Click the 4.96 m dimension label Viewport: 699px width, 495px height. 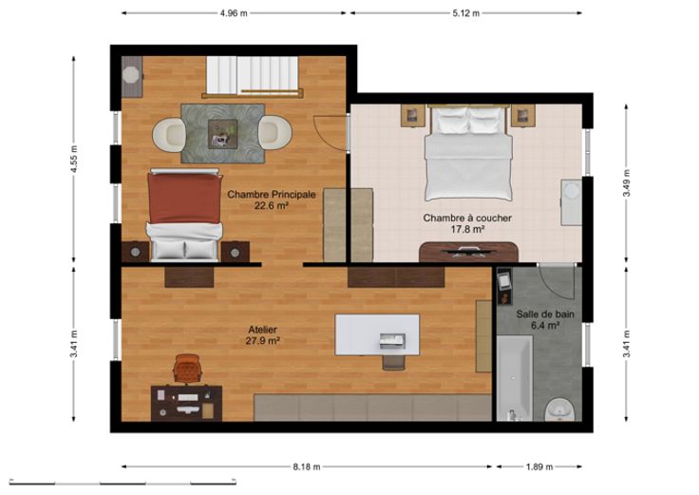pyautogui.click(x=233, y=13)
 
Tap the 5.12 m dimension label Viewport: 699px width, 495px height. pyautogui.click(x=466, y=13)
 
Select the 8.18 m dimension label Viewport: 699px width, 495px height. pyautogui.click(x=307, y=466)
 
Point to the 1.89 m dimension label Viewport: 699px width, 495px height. pyautogui.click(x=539, y=466)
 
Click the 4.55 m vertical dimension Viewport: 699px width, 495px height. pyautogui.click(x=74, y=160)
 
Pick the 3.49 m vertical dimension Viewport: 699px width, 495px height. pyautogui.click(x=626, y=182)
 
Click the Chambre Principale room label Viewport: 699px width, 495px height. pyautogui.click(x=272, y=195)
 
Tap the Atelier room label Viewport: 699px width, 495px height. pyautogui.click(x=262, y=330)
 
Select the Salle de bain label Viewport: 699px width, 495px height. pyautogui.click(x=545, y=314)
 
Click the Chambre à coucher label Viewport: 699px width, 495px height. pyautogui.click(x=467, y=219)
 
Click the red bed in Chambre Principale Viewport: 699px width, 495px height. pyautogui.click(x=184, y=215)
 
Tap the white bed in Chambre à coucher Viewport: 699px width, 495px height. pyautogui.click(x=468, y=153)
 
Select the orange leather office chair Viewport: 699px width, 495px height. pyautogui.click(x=188, y=369)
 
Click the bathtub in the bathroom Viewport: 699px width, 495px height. pyautogui.click(x=515, y=378)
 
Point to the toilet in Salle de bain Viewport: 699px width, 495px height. pyautogui.click(x=560, y=409)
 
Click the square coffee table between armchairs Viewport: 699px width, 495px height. pyautogui.click(x=222, y=134)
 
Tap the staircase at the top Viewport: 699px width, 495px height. pyautogui.click(x=252, y=75)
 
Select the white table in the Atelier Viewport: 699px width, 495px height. pyautogui.click(x=377, y=334)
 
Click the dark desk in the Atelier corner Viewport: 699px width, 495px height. pyautogui.click(x=186, y=403)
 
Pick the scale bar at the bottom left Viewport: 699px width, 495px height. pyautogui.click(x=123, y=482)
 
